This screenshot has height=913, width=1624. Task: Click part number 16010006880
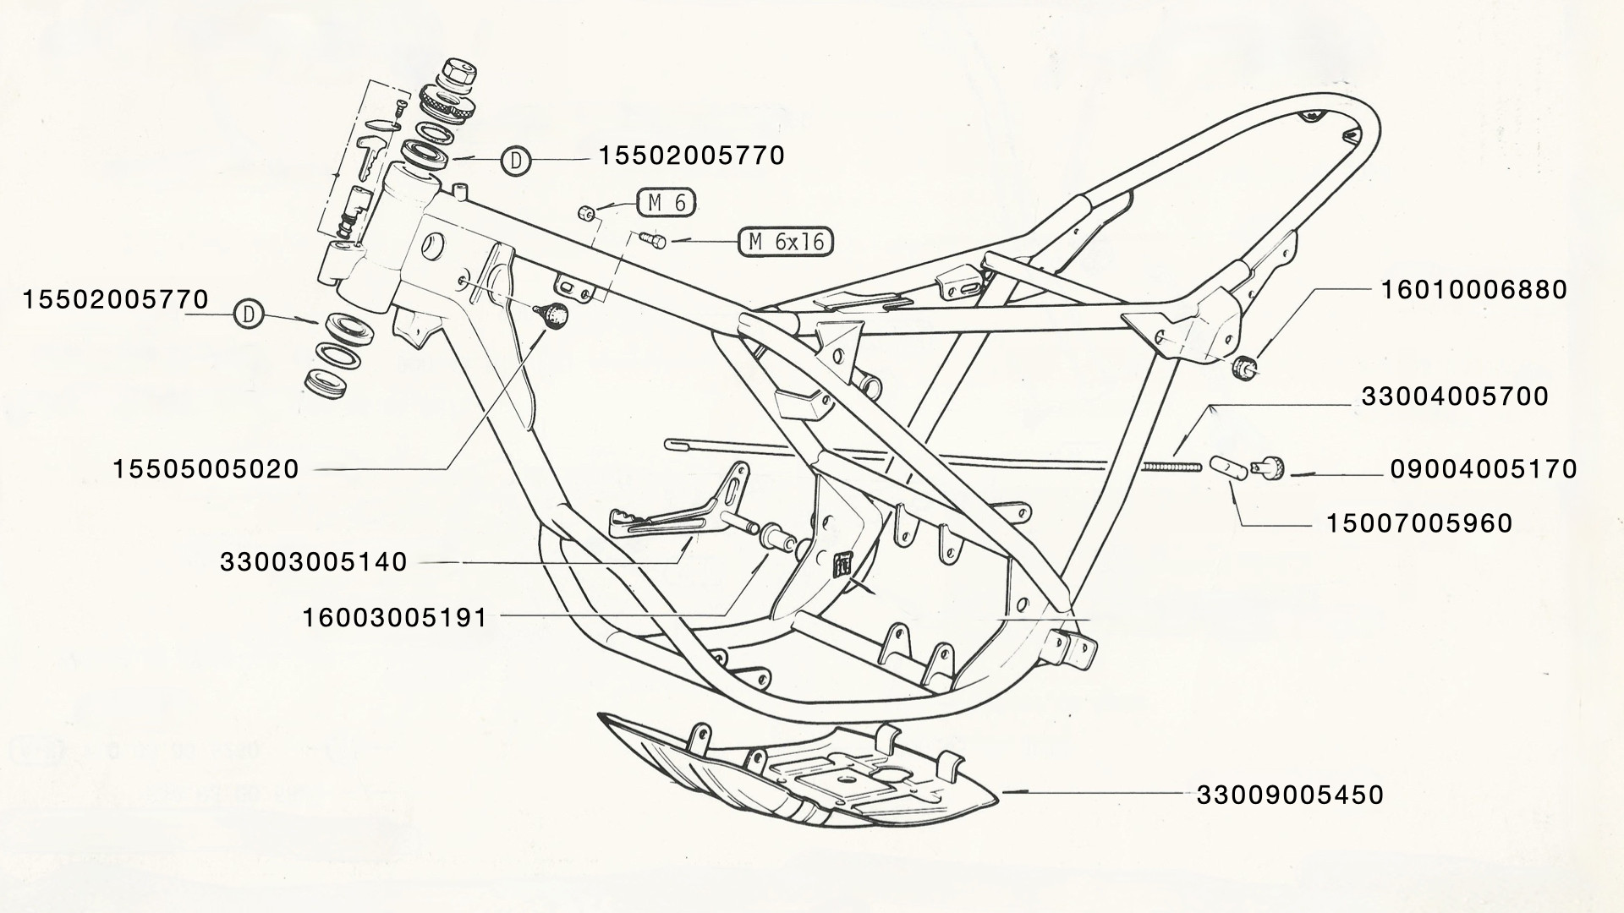pyautogui.click(x=1473, y=290)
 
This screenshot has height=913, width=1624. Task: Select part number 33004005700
pyautogui.click(x=1455, y=396)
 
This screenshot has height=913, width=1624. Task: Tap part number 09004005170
pyautogui.click(x=1484, y=469)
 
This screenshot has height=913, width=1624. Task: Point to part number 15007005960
pyautogui.click(x=1418, y=523)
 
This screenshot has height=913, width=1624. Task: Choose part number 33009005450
pyautogui.click(x=1290, y=795)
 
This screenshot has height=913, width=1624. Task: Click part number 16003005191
pyautogui.click(x=395, y=618)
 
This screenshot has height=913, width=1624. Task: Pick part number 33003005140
pyautogui.click(x=314, y=562)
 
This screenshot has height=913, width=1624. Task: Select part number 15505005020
pyautogui.click(x=206, y=469)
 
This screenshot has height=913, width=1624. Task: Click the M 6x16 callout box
pyautogui.click(x=786, y=242)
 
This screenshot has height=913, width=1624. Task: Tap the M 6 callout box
pyautogui.click(x=667, y=204)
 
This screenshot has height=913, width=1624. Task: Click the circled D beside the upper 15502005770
pyautogui.click(x=516, y=160)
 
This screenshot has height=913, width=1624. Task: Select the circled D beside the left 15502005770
pyautogui.click(x=249, y=314)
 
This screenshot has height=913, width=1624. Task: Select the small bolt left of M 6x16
pyautogui.click(x=652, y=241)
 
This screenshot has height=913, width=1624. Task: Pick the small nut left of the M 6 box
pyautogui.click(x=584, y=210)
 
